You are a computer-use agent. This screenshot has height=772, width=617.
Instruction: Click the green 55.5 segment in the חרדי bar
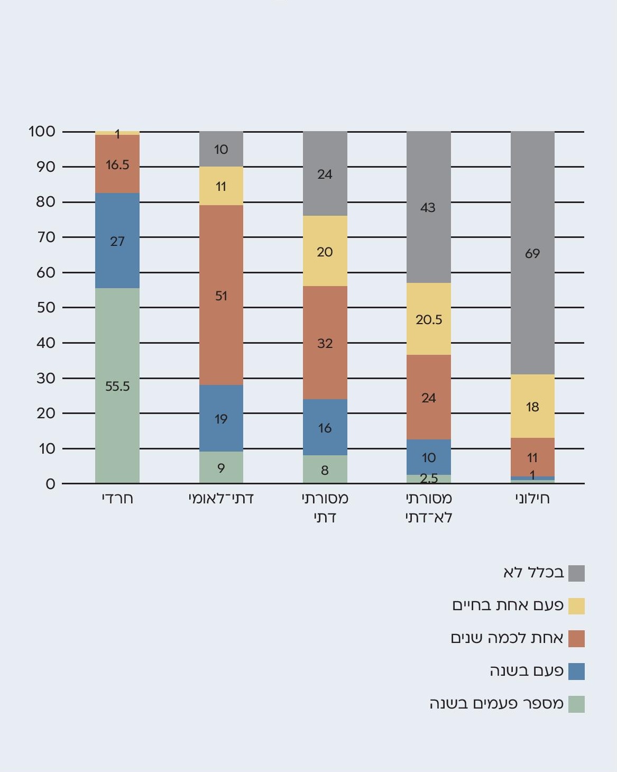click(117, 385)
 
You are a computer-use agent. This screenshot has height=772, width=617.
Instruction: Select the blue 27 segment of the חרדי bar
click(117, 241)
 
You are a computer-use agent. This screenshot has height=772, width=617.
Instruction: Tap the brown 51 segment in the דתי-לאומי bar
click(221, 295)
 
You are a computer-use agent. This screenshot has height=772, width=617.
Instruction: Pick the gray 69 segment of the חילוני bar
click(532, 253)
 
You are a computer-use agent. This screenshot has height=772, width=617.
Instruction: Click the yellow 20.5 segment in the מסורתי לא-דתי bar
click(429, 319)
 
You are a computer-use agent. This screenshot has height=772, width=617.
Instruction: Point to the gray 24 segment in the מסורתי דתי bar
click(325, 173)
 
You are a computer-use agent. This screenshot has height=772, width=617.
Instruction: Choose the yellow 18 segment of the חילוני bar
click(532, 406)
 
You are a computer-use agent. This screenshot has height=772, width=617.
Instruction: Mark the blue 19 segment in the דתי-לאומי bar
click(221, 418)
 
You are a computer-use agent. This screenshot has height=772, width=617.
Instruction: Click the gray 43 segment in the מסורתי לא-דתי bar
click(429, 207)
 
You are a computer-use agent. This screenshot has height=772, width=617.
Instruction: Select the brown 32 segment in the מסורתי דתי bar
click(325, 343)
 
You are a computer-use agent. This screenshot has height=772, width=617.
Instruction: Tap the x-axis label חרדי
click(117, 498)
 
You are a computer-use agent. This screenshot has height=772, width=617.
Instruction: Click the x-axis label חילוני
click(532, 498)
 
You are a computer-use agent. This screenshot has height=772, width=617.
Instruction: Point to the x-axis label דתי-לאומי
click(221, 498)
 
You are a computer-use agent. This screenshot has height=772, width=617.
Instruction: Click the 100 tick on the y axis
click(42, 131)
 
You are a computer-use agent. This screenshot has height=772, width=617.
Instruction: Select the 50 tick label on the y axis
click(46, 307)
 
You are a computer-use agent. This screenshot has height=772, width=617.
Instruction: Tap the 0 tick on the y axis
click(50, 484)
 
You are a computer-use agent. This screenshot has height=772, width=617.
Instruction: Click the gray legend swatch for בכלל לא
click(576, 573)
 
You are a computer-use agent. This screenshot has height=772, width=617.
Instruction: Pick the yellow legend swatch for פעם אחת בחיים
click(576, 606)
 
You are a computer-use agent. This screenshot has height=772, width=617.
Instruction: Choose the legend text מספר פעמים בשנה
click(496, 704)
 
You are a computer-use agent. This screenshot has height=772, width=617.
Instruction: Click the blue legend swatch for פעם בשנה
click(576, 672)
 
